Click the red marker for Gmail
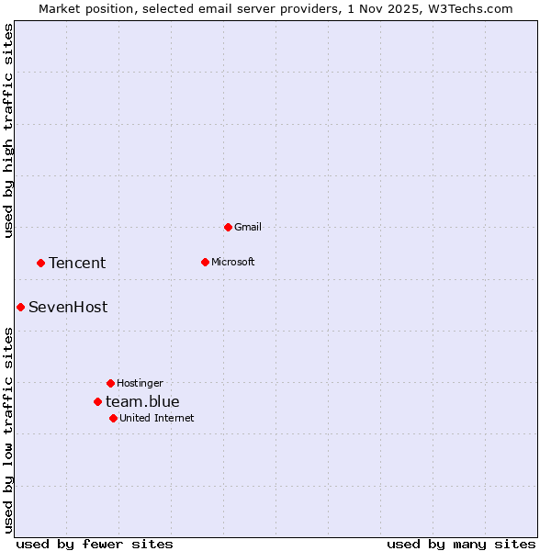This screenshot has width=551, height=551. (x=228, y=227)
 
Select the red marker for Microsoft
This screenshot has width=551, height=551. (x=205, y=262)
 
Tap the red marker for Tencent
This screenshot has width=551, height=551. (x=40, y=263)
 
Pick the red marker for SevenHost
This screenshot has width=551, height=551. (x=20, y=307)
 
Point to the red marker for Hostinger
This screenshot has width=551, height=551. (x=110, y=383)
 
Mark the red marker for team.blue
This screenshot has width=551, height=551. (x=97, y=401)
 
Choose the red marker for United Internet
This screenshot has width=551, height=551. (x=113, y=418)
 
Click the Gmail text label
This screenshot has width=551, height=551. (x=248, y=227)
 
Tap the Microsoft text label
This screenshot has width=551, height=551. (x=233, y=262)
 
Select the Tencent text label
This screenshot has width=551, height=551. (x=77, y=263)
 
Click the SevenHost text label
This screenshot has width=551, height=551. (x=68, y=307)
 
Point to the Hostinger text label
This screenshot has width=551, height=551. (x=140, y=383)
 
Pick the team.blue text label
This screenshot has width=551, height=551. (x=142, y=401)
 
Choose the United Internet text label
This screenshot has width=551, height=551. (x=156, y=418)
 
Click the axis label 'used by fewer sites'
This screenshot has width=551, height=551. (x=95, y=544)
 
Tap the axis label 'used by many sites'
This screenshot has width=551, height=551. (x=461, y=544)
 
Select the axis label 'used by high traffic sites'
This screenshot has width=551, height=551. (x=8, y=130)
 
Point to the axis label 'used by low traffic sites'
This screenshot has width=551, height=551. (x=8, y=429)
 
